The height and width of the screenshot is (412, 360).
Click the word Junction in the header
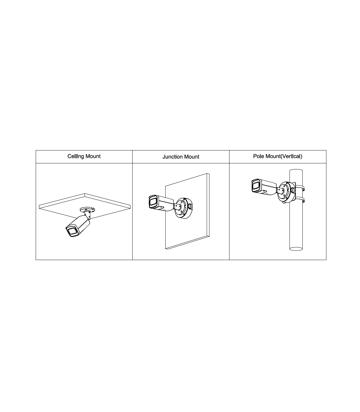pos(171,157)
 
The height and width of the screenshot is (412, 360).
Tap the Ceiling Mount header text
pos(84,156)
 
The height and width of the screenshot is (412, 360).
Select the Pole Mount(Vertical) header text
pos(277,156)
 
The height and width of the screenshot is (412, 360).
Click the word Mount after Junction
pos(190,157)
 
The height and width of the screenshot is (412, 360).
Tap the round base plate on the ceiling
pos(87,209)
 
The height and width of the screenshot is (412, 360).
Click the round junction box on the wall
pos(184,208)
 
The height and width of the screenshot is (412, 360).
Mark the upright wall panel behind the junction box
pos(187,211)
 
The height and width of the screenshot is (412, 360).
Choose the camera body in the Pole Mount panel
pos(264,187)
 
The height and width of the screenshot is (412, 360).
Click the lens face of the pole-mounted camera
pos(256,186)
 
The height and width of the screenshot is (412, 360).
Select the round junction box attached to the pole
pos(286,192)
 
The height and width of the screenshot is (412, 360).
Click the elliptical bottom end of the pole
pos(296,249)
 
